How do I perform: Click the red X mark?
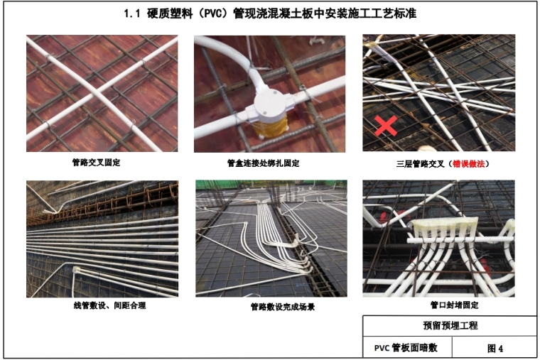(386, 125)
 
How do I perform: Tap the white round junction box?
(270, 104)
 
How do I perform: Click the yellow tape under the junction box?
(269, 127)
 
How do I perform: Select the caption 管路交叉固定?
(96, 163)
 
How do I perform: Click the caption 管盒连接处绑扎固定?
(263, 163)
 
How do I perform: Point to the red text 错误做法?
(468, 164)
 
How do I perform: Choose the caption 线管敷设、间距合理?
(109, 305)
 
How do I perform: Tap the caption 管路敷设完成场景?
(282, 307)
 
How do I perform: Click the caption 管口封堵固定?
(454, 305)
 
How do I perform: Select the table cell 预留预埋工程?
(450, 326)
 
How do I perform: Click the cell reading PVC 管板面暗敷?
(407, 348)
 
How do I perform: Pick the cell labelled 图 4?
(495, 348)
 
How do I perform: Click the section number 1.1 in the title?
(132, 13)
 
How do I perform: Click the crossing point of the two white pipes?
(99, 92)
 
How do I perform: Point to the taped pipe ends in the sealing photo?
(443, 225)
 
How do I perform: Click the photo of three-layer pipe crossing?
(439, 93)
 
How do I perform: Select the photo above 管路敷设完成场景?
(271, 238)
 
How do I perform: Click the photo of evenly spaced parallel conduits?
(102, 239)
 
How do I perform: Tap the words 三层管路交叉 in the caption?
(421, 164)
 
